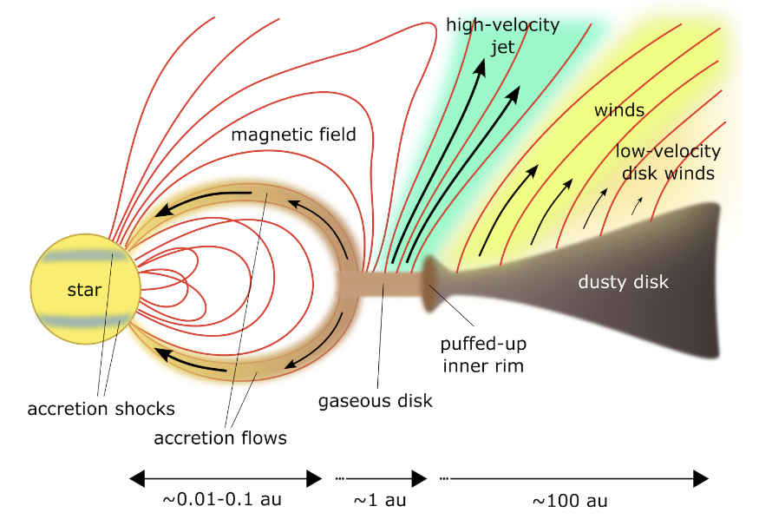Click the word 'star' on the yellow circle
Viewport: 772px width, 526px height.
click(x=84, y=290)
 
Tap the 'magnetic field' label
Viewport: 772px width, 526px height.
click(x=293, y=135)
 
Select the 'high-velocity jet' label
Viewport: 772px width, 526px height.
click(x=503, y=36)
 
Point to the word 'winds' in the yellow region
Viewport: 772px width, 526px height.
click(x=618, y=110)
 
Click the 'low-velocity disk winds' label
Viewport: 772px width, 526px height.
click(x=668, y=162)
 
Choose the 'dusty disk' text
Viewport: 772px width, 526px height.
click(x=624, y=282)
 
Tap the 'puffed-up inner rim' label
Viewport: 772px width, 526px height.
click(x=483, y=355)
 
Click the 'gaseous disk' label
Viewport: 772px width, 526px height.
click(x=376, y=401)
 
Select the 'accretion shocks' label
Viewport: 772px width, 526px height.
click(x=101, y=409)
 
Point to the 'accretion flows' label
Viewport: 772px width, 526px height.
click(x=220, y=437)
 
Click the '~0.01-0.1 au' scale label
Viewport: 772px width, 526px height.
click(x=221, y=499)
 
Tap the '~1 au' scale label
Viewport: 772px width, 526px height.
click(x=380, y=500)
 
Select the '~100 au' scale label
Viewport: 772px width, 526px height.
click(x=570, y=501)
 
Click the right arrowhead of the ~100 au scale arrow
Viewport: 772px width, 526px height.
click(x=701, y=478)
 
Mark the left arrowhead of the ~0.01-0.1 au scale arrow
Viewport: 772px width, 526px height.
click(x=137, y=478)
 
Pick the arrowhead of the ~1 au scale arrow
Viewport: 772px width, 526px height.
click(x=419, y=478)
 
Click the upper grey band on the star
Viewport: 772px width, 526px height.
click(x=83, y=255)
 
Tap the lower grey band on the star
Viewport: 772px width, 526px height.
click(x=83, y=322)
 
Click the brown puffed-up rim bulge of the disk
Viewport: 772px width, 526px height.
click(x=429, y=284)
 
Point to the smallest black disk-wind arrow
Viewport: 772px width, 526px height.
click(x=637, y=206)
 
